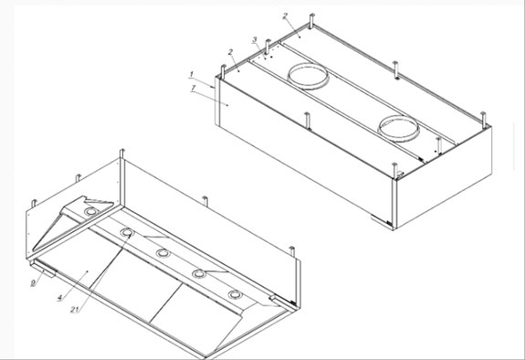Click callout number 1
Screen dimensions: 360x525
[192, 73]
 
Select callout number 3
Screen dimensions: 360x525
[256, 40]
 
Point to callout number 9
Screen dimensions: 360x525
[33, 283]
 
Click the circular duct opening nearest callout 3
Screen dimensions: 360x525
[310, 75]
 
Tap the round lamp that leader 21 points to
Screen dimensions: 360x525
[126, 232]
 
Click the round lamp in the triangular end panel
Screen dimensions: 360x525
[90, 213]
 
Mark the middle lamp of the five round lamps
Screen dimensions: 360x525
[163, 253]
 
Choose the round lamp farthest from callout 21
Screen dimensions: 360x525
[236, 294]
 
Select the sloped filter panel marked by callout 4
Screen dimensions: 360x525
[82, 270]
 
